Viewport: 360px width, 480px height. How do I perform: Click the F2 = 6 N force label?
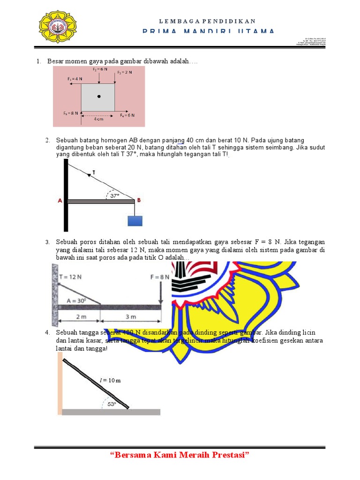(x=100, y=69)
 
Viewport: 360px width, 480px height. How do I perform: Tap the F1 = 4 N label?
(x=75, y=79)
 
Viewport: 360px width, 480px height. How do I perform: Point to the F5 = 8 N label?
(x=71, y=113)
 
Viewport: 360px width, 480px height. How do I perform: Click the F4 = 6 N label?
(x=127, y=115)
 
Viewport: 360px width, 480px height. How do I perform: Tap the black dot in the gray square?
(x=98, y=97)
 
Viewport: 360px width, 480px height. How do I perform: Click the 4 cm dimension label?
(x=98, y=119)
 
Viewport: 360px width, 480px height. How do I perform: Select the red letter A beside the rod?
(x=60, y=201)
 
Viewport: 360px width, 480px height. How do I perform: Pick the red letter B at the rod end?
(x=139, y=200)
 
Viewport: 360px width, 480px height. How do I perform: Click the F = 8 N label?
(x=160, y=277)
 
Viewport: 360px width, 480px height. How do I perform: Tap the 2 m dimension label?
(x=81, y=317)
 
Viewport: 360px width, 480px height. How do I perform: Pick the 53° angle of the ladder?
(x=111, y=404)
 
